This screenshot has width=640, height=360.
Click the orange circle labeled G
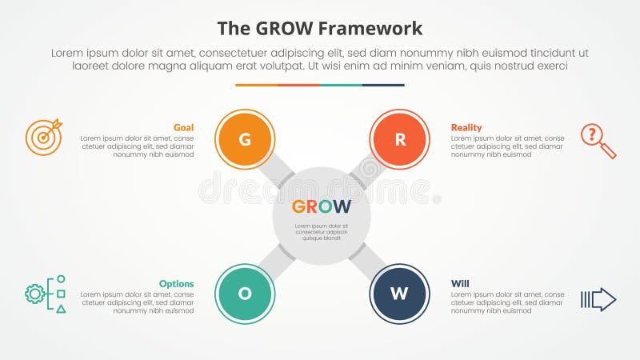click(x=245, y=139)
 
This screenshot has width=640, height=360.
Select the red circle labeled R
click(x=399, y=139)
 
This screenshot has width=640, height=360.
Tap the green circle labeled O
click(x=245, y=294)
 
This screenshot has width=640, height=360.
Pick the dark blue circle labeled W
click(x=399, y=294)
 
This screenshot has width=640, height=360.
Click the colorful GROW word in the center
click(x=321, y=206)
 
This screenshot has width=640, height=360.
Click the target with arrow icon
click(x=43, y=136)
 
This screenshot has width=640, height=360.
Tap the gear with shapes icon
click(x=45, y=294)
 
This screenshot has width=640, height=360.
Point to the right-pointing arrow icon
click(x=598, y=299)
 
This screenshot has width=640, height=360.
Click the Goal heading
click(x=183, y=127)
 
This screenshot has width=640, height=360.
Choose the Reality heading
click(x=466, y=127)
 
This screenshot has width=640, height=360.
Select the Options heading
click(x=176, y=283)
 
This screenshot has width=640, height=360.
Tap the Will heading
click(x=460, y=283)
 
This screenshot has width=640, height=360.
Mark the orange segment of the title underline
click(x=256, y=85)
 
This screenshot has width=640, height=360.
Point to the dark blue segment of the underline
click(x=383, y=85)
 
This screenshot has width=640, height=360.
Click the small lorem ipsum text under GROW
click(x=321, y=232)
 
